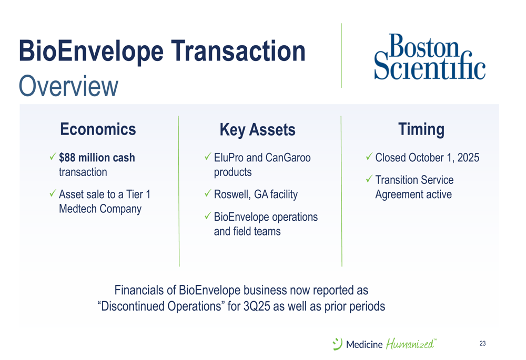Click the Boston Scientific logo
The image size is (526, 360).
pyautogui.click(x=430, y=57)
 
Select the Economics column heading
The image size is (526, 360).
pyautogui.click(x=98, y=129)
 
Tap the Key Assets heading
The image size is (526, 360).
pyautogui.click(x=257, y=130)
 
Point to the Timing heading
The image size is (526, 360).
pyautogui.click(x=421, y=130)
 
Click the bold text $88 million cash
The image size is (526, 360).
pyautogui.click(x=97, y=158)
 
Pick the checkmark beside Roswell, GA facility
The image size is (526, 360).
pyautogui.click(x=208, y=193)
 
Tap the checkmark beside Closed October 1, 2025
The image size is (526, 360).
pyautogui.click(x=369, y=156)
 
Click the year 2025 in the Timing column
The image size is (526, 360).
pyautogui.click(x=468, y=158)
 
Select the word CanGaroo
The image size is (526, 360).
pyautogui.click(x=288, y=158)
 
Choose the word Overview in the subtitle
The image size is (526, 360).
pyautogui.click(x=68, y=86)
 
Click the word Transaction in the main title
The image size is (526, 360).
pyautogui.click(x=238, y=51)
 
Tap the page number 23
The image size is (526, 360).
pyautogui.click(x=482, y=343)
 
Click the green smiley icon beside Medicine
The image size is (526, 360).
pyautogui.click(x=337, y=344)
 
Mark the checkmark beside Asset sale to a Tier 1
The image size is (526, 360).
pyautogui.click(x=53, y=193)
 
